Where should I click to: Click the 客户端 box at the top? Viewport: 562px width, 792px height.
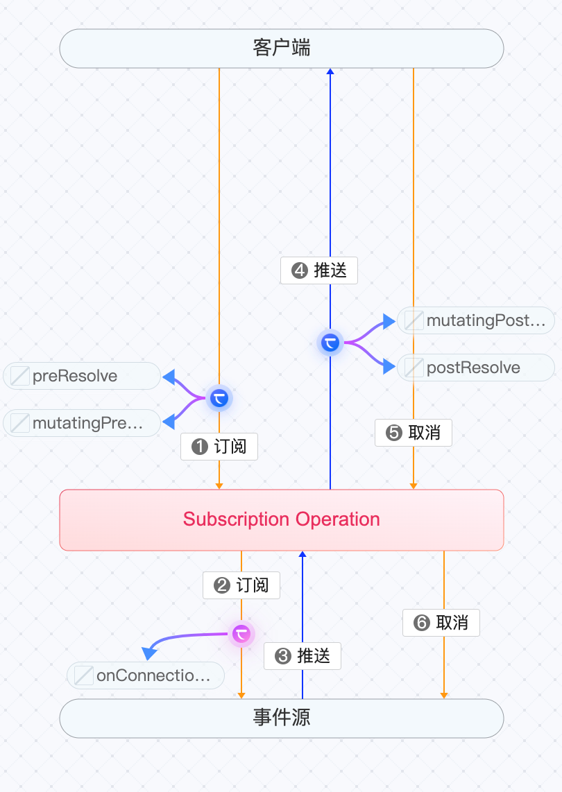[x=281, y=49]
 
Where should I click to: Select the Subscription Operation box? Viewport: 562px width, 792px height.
[x=281, y=520]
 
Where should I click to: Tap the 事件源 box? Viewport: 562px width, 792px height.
[x=281, y=718]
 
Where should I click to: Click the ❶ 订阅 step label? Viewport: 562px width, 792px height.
[x=219, y=447]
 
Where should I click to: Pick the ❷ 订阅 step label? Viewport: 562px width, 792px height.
[x=241, y=585]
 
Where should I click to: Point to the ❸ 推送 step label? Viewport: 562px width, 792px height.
[x=303, y=655]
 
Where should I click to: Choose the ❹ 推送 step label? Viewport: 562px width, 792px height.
[x=319, y=270]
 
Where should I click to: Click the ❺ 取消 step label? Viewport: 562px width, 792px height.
[x=414, y=433]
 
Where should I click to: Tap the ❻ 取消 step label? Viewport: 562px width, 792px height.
[x=441, y=622]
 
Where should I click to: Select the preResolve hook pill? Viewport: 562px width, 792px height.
[x=82, y=376]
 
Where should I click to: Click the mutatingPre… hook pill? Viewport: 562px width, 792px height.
[x=82, y=423]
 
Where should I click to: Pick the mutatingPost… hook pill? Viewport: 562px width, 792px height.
[x=476, y=320]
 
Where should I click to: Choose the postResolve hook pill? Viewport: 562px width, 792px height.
[x=476, y=368]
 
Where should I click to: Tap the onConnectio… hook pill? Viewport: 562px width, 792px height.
[x=146, y=675]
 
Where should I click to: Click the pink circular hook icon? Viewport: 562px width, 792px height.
[x=241, y=634]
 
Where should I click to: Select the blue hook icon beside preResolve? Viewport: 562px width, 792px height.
[x=219, y=399]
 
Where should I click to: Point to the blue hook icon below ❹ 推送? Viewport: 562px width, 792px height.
[x=330, y=342]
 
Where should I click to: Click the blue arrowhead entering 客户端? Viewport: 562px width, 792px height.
[x=330, y=71]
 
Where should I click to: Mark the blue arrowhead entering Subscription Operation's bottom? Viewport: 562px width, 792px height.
[x=303, y=554]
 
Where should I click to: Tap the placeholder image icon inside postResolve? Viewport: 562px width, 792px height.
[x=414, y=368]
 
